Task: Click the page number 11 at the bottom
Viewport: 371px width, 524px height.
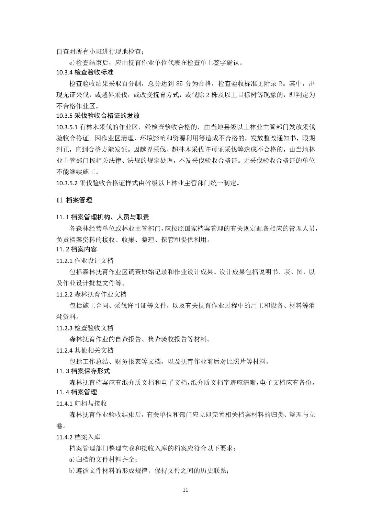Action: [x=185, y=490]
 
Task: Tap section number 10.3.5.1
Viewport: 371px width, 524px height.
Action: [x=67, y=127]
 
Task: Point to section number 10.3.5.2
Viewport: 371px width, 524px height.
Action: [x=67, y=183]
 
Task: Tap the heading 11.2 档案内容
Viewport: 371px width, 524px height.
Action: [x=77, y=249]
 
